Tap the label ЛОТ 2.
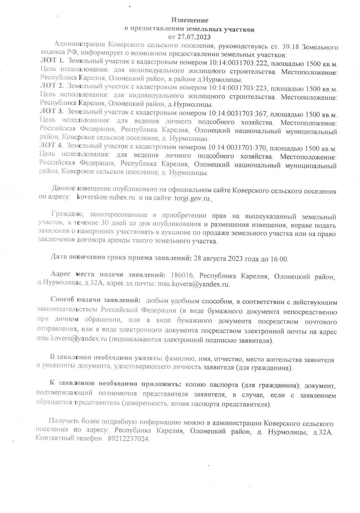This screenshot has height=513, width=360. click(x=52, y=87)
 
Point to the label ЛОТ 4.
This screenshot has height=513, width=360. click(x=52, y=147)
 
